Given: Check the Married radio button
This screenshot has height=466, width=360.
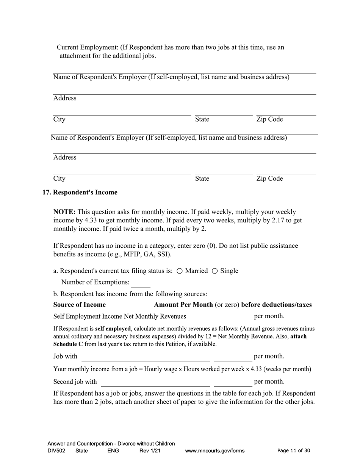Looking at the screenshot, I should [x=180, y=271].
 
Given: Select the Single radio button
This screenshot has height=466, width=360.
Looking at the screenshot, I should [x=214, y=271].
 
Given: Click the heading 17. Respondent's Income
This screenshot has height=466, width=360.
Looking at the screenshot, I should [x=80, y=192].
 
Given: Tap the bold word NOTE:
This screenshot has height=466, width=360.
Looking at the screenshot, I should [x=64, y=212].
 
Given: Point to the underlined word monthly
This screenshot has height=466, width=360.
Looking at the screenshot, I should [x=153, y=212].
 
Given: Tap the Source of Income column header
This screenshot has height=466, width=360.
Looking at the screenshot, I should [x=80, y=305].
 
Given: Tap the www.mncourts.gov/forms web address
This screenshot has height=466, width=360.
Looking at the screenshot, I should [x=214, y=451].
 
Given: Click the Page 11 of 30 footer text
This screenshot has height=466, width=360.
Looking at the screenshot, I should [x=294, y=451].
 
